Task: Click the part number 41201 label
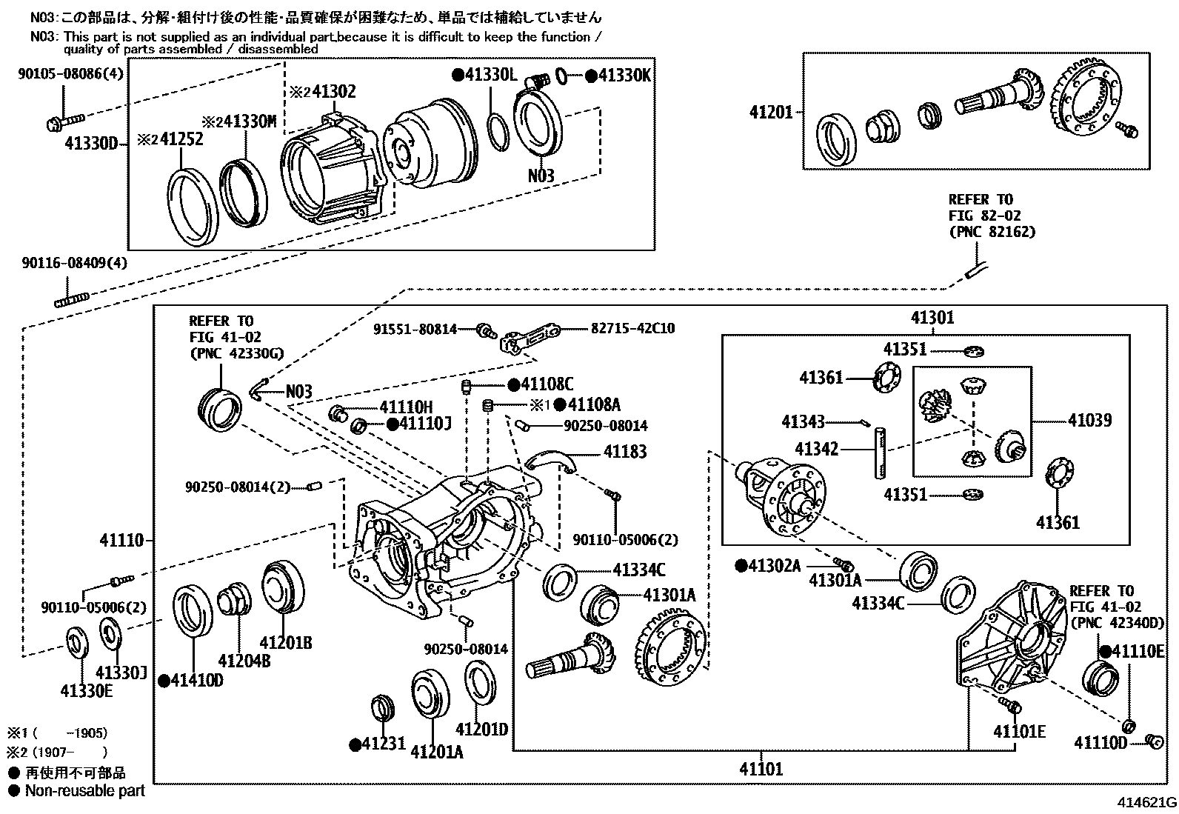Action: click(770, 113)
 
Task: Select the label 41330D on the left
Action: click(90, 143)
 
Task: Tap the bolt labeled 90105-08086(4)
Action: click(65, 119)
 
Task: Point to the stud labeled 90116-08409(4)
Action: click(72, 299)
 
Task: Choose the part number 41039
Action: click(1089, 420)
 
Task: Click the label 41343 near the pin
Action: click(803, 422)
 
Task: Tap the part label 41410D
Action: click(196, 680)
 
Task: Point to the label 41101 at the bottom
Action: click(761, 769)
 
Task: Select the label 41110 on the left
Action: click(121, 541)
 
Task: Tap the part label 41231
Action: click(383, 743)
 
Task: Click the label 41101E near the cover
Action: click(1019, 731)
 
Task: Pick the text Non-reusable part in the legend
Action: click(84, 790)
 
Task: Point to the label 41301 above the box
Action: click(932, 317)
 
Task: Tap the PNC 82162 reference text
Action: click(992, 232)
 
